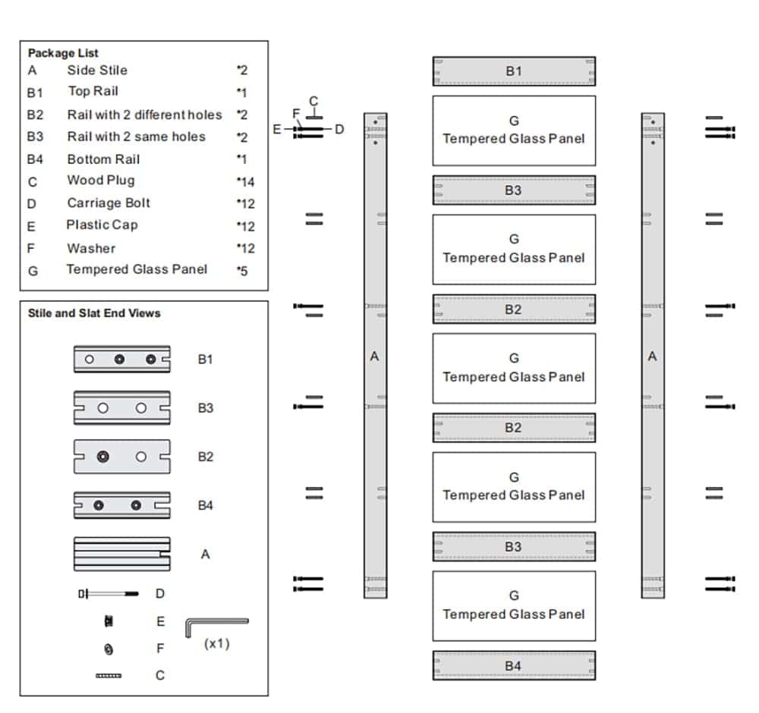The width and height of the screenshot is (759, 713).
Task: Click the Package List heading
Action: [x=63, y=53]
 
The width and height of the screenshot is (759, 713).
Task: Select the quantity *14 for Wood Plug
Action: [x=245, y=182]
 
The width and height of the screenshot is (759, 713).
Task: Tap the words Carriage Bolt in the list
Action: [x=109, y=203]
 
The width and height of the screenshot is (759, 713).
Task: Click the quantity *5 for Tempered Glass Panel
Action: [x=242, y=270]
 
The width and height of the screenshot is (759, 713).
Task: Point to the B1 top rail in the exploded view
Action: [x=514, y=71]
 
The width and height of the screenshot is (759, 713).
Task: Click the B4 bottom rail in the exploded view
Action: [x=514, y=666]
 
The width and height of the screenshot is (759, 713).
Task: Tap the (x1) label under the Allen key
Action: [x=216, y=643]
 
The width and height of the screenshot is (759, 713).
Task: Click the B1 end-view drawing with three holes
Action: [x=121, y=360]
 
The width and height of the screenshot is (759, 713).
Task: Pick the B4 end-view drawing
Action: [x=121, y=505]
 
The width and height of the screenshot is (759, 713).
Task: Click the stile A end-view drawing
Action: [x=121, y=554]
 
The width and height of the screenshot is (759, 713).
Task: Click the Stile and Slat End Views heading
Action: [x=94, y=313]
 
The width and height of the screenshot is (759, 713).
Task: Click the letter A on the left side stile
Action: [x=374, y=356]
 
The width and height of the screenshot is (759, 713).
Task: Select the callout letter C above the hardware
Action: [x=313, y=102]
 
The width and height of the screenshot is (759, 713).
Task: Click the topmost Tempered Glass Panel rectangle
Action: [x=514, y=130]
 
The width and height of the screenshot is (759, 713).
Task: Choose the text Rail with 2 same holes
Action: [x=136, y=137]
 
